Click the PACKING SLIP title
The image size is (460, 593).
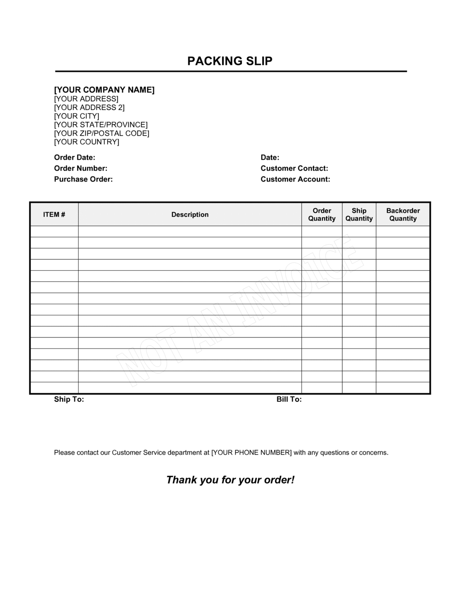[x=230, y=61]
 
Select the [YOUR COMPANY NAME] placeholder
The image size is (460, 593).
[x=104, y=90]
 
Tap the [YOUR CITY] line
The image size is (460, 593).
[x=76, y=116]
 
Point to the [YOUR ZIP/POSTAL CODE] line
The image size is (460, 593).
[x=102, y=133]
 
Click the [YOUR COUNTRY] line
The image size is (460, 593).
[x=86, y=142]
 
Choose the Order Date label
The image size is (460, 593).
[x=75, y=158]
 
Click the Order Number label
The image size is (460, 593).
[x=80, y=169]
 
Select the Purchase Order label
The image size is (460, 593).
[x=83, y=179]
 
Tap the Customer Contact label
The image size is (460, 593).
[x=294, y=169]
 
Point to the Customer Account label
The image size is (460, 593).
[x=295, y=179]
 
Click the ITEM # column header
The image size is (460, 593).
[x=54, y=215]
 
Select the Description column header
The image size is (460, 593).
[x=190, y=215]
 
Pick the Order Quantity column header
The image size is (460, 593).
[x=322, y=215]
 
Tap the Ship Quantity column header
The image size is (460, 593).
[x=359, y=215]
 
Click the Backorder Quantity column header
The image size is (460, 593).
[x=403, y=215]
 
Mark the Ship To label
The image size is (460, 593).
[x=69, y=399]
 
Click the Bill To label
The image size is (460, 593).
[x=289, y=399]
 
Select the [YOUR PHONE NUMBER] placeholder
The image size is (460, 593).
[x=252, y=453]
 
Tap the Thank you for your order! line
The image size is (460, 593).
[x=230, y=480]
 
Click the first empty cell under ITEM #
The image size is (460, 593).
[x=54, y=232]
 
